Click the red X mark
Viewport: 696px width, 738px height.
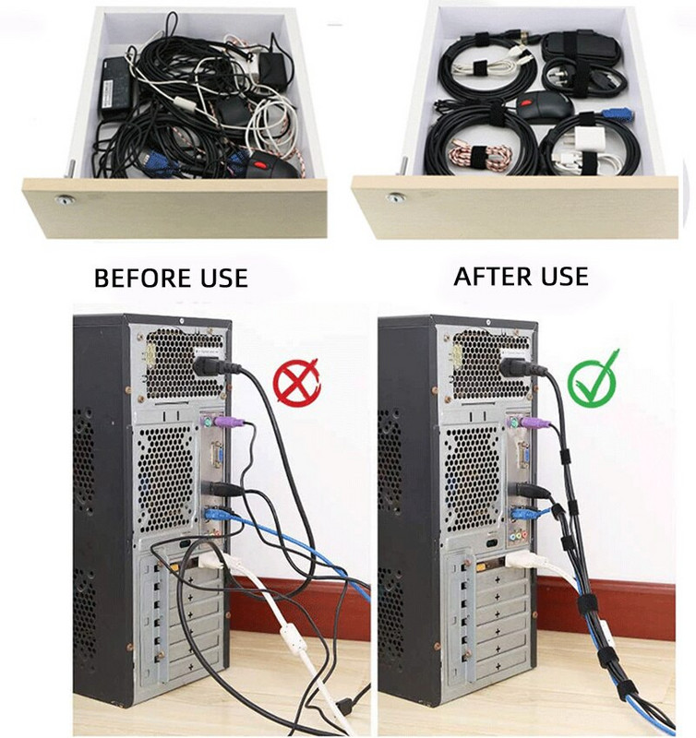[296, 382]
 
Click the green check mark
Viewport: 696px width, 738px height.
[593, 380]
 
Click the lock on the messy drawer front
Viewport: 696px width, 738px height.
[64, 199]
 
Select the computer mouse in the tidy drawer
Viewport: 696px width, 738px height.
[544, 105]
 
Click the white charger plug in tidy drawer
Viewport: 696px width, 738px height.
[582, 140]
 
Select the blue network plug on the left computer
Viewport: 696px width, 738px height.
[222, 515]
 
